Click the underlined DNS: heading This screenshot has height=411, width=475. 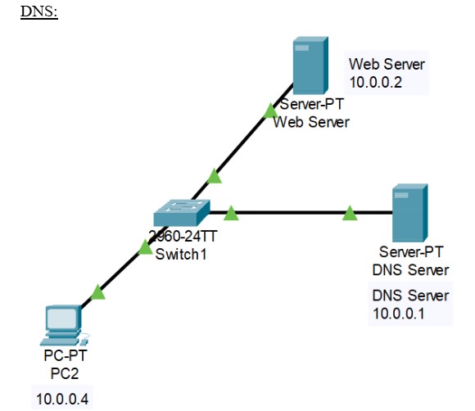click(38, 15)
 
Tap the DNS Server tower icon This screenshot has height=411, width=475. click(409, 212)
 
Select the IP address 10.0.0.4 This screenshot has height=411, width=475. click(62, 399)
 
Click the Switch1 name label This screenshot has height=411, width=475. click(183, 253)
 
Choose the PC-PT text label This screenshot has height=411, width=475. click(63, 357)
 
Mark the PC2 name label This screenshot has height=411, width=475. click(63, 373)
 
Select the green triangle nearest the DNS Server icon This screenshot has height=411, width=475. click(350, 214)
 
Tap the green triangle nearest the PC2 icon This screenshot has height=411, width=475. click(98, 291)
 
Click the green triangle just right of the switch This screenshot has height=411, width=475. click(231, 214)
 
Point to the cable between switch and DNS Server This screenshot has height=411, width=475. click(291, 213)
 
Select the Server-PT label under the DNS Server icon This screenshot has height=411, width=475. click(410, 252)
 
